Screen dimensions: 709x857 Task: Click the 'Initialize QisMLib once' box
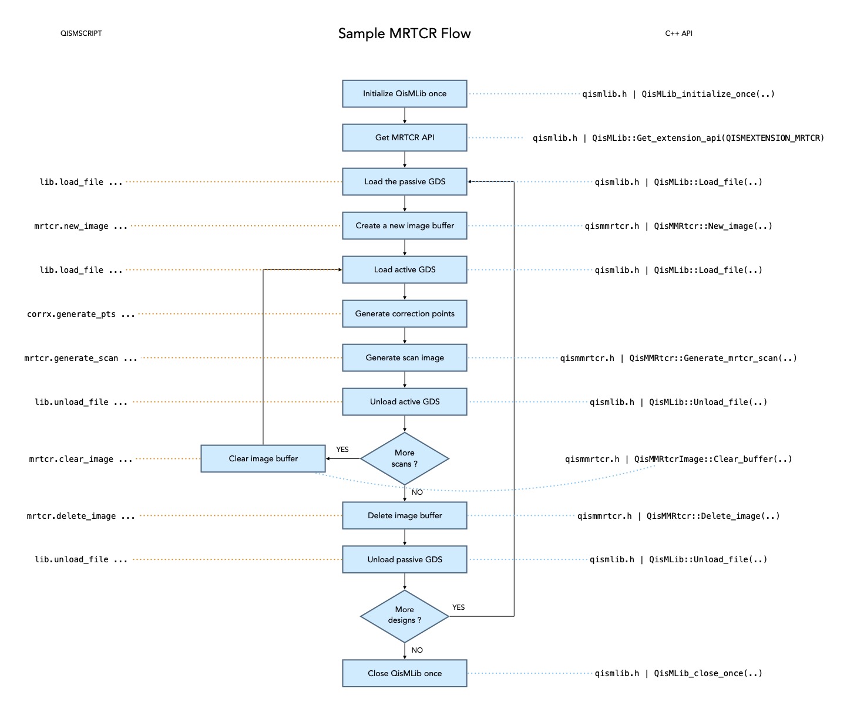click(x=404, y=94)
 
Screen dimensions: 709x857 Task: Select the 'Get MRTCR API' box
click(x=404, y=138)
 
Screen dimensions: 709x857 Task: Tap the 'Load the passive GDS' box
click(x=404, y=182)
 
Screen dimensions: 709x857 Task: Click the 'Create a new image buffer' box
click(x=404, y=226)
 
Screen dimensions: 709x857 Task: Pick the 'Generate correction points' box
click(x=404, y=314)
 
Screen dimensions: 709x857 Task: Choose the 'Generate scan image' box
click(x=404, y=358)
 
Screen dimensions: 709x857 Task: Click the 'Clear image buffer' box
click(x=263, y=458)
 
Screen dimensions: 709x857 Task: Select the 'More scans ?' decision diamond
click(x=404, y=458)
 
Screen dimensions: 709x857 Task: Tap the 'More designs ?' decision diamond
click(x=404, y=616)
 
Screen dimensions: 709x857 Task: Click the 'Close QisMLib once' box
click(x=404, y=673)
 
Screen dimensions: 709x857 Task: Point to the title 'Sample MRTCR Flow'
click(x=404, y=33)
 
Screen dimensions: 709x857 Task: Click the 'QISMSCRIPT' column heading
click(x=81, y=33)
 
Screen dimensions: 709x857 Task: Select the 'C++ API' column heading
click(x=678, y=33)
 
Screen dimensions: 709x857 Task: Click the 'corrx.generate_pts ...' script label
click(x=80, y=315)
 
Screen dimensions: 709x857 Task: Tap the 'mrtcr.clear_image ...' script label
click(x=80, y=460)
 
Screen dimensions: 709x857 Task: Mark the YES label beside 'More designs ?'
click(x=458, y=607)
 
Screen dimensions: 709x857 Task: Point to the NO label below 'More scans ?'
click(x=417, y=492)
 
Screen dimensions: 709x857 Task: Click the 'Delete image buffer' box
click(x=404, y=516)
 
